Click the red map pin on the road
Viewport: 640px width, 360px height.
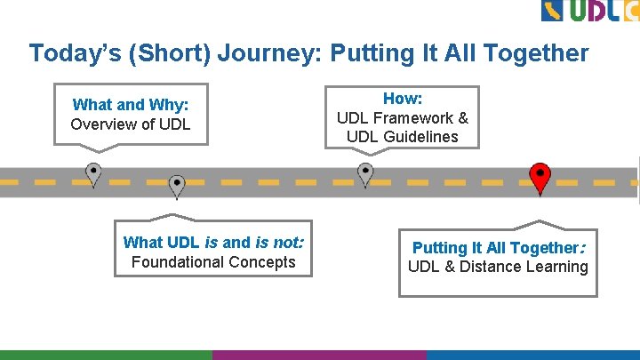(540, 177)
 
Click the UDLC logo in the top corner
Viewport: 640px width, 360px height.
(589, 11)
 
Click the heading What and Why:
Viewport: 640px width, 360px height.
(130, 105)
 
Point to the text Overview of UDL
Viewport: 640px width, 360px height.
(130, 124)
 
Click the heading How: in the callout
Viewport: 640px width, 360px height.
(403, 99)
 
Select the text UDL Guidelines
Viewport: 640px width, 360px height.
(403, 137)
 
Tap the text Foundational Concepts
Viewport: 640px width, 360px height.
(213, 262)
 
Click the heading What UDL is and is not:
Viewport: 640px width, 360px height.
(213, 242)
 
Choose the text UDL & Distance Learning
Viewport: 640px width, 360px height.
(498, 267)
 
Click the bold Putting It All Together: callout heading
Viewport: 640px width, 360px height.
(498, 248)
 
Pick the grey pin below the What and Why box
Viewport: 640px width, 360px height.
(93, 173)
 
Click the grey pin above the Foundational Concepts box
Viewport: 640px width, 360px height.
(177, 185)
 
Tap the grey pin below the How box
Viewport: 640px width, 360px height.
(365, 173)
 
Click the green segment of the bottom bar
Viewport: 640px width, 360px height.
(107, 355)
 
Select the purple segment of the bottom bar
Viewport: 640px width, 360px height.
(320, 355)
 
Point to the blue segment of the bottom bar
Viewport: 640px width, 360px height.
(533, 355)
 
